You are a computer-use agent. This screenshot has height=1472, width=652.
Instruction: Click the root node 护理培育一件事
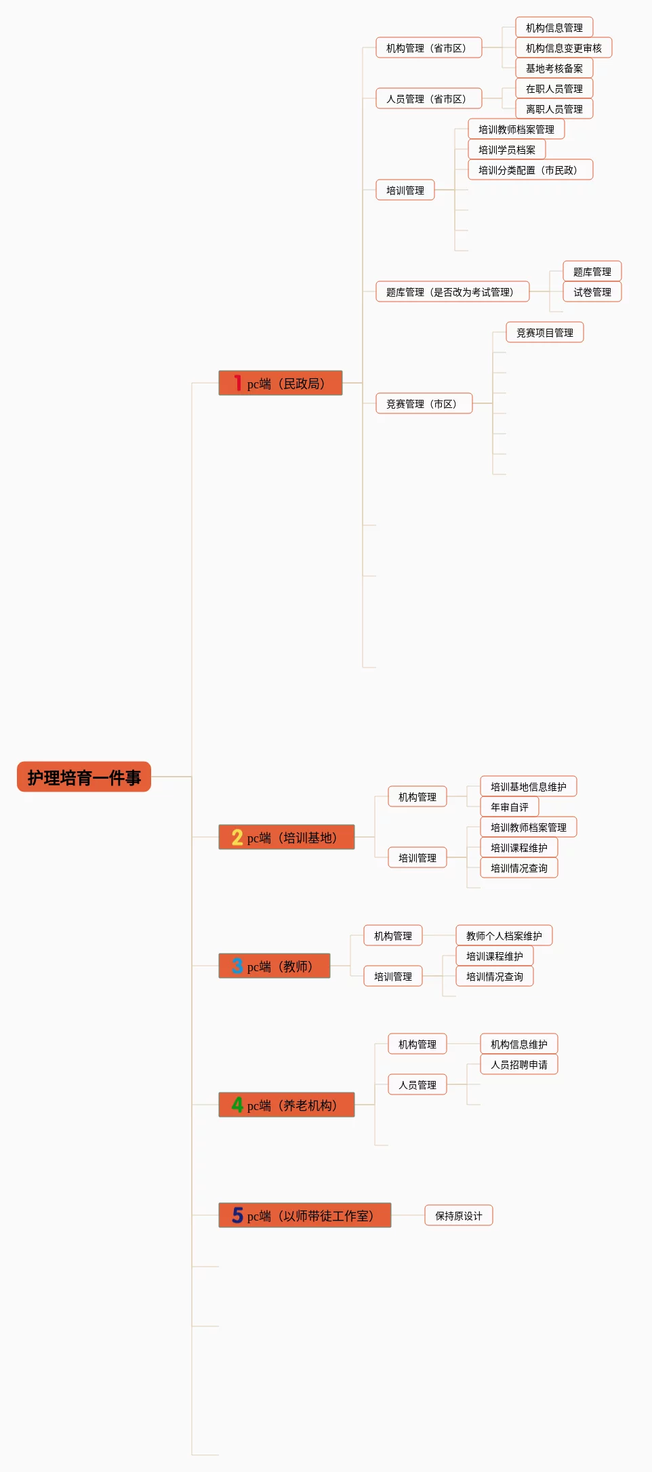point(84,777)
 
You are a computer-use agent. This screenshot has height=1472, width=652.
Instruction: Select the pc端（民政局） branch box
point(281,383)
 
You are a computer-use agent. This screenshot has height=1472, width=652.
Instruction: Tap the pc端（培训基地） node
point(287,837)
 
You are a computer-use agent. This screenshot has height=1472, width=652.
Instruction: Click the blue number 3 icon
point(237,966)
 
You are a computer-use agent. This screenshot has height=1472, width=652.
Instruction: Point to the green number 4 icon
point(237,1105)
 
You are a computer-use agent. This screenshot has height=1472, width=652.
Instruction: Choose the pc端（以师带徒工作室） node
point(305,1215)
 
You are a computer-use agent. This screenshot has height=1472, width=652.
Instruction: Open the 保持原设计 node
point(459,1215)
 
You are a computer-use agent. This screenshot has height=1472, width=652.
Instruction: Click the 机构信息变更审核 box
point(563,48)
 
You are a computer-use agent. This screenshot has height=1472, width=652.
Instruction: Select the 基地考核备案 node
point(554,68)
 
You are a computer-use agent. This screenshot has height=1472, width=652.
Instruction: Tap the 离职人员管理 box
point(554,109)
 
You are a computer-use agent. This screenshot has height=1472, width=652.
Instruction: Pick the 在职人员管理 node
point(554,89)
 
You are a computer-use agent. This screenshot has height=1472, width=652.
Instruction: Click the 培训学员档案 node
point(506,150)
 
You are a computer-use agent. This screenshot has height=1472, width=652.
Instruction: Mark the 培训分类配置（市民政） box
point(530,170)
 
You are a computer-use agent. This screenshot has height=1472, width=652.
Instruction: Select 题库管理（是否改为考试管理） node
point(452,292)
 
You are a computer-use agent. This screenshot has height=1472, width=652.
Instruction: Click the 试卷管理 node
point(592,292)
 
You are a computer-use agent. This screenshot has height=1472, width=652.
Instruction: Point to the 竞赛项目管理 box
point(544,333)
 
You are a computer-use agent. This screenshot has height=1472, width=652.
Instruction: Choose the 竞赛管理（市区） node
point(424,404)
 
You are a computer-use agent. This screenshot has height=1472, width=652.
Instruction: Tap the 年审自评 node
point(509,807)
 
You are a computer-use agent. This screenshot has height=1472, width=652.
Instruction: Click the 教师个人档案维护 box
point(504,936)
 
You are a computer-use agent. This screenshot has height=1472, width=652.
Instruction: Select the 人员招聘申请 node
point(518,1065)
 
